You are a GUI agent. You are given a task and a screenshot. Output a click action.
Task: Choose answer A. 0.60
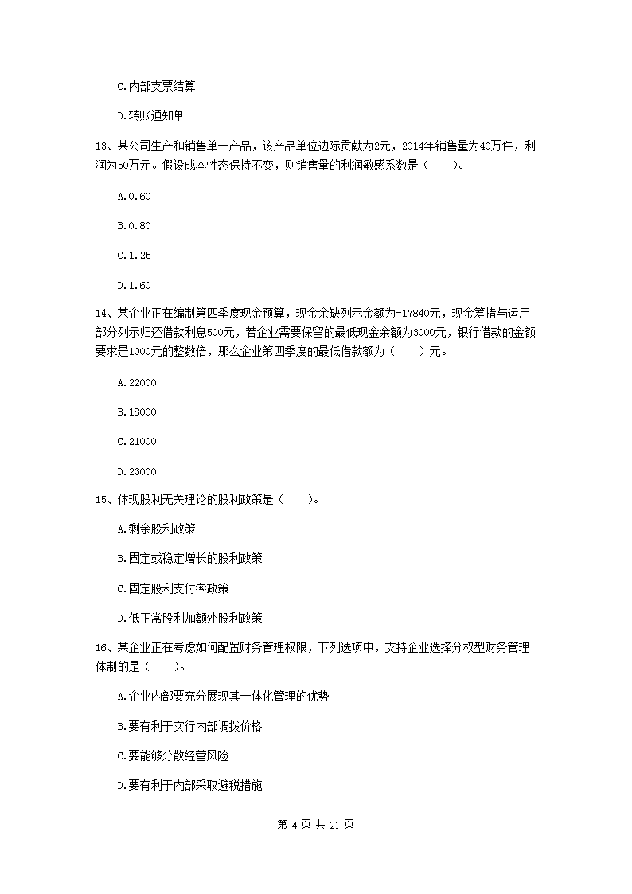pos(133,196)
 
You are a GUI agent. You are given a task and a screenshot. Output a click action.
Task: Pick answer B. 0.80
pos(133,225)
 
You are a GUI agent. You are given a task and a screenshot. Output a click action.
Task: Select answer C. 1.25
pos(133,256)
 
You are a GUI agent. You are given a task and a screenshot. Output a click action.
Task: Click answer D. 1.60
pos(133,285)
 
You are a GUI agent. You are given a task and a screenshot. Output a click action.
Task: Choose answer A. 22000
pos(136,383)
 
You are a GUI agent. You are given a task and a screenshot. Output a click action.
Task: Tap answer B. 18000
pos(136,412)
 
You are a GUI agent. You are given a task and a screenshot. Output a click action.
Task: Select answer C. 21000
pos(136,442)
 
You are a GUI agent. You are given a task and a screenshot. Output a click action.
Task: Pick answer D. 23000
pos(136,471)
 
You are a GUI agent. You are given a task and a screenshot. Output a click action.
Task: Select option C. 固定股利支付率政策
pos(173,588)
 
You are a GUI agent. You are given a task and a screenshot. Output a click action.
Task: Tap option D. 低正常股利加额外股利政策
pos(189,618)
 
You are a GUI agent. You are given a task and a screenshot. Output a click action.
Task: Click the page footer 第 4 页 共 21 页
pos(315,824)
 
